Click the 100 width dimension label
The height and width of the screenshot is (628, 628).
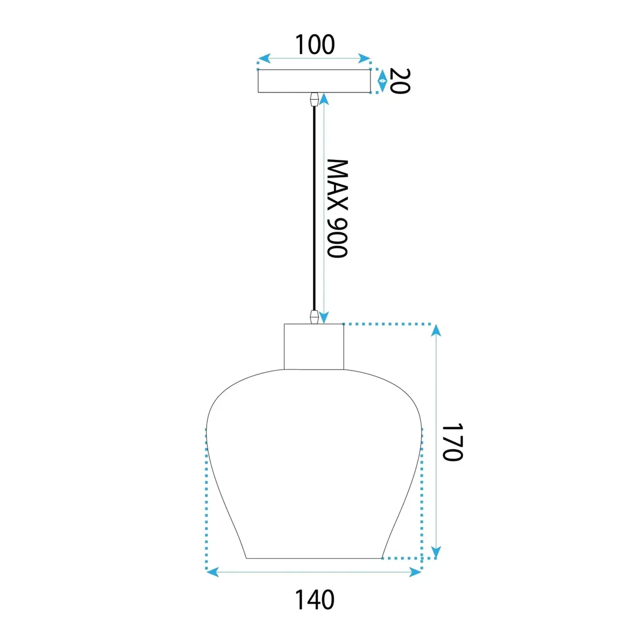[314, 45]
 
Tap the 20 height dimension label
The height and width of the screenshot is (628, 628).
[400, 80]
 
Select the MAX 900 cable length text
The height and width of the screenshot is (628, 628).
[337, 208]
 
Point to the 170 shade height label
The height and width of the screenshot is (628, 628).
[452, 442]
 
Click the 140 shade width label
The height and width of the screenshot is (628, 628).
[314, 599]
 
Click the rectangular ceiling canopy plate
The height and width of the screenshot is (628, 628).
[314, 81]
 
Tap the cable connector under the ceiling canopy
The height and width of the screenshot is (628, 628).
[313, 99]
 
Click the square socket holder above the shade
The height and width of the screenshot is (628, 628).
[314, 347]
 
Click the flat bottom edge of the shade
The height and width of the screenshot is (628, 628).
[314, 558]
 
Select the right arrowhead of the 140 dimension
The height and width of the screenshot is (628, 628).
[416, 572]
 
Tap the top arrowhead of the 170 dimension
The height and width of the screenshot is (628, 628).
[436, 330]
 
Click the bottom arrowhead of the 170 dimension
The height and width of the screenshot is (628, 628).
[436, 552]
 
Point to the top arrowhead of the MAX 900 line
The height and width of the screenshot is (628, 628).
[324, 98]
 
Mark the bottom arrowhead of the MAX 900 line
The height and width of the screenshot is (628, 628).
[324, 317]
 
